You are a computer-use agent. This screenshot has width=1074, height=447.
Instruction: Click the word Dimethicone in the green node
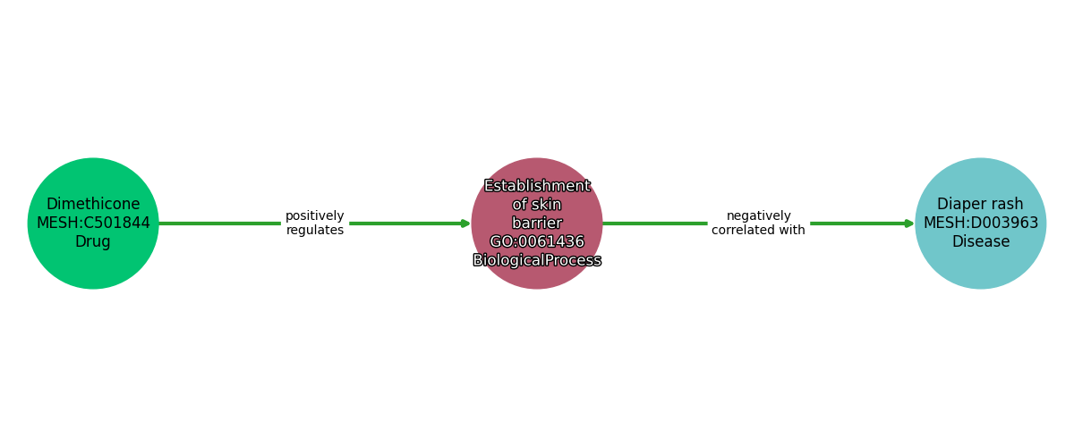click(93, 204)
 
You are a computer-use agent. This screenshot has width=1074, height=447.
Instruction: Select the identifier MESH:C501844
click(93, 223)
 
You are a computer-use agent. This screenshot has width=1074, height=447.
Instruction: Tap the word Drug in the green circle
click(93, 241)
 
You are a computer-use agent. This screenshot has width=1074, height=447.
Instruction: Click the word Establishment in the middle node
click(537, 186)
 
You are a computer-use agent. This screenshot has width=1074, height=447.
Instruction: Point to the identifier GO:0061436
click(537, 241)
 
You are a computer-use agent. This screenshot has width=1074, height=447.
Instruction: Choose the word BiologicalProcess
click(537, 260)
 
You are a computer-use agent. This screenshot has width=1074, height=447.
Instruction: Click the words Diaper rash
click(980, 204)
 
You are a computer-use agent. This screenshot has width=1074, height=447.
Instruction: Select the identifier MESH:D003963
click(980, 223)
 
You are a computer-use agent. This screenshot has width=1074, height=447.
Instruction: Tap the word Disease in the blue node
click(980, 241)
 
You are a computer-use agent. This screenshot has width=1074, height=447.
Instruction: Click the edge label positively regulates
click(315, 223)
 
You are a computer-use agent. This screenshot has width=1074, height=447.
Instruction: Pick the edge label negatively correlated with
click(758, 223)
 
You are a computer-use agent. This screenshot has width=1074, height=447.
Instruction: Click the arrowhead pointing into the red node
click(465, 223)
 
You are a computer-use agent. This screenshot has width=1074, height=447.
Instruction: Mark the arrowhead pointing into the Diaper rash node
click(909, 223)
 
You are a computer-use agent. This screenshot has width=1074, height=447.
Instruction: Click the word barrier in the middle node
click(537, 223)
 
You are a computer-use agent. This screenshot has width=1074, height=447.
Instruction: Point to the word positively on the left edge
click(315, 215)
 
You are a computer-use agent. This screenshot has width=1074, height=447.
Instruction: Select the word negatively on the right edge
click(758, 215)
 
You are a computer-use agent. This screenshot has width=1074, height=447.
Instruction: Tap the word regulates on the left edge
click(315, 231)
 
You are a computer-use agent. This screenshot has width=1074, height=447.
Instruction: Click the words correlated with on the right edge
click(758, 231)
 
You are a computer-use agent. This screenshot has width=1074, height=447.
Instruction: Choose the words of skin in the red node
click(537, 205)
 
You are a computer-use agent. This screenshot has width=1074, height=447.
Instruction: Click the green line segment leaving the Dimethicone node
click(219, 223)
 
